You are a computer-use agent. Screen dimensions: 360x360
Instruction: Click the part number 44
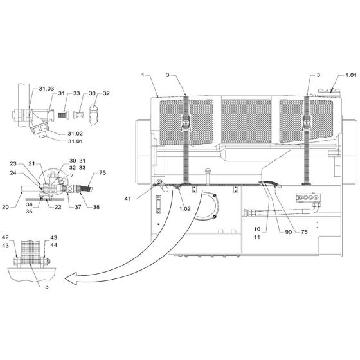(53, 245)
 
